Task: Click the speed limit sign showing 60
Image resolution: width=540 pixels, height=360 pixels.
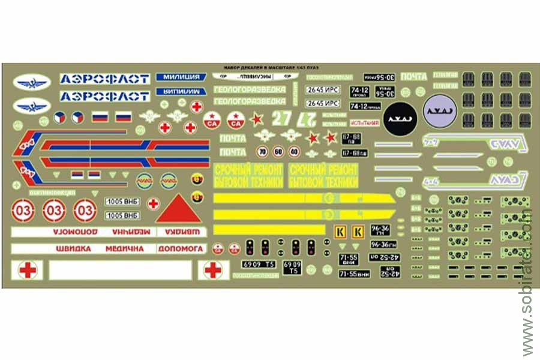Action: click(x=277, y=151)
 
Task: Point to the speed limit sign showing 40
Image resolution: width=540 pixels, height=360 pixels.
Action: click(x=293, y=151)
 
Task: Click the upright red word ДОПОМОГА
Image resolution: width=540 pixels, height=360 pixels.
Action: click(x=181, y=248)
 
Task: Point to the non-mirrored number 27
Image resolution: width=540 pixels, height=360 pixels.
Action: click(x=280, y=118)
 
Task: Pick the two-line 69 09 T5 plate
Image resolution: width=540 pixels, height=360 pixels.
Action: click(x=292, y=268)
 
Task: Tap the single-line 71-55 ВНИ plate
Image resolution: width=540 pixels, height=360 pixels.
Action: click(x=354, y=274)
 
